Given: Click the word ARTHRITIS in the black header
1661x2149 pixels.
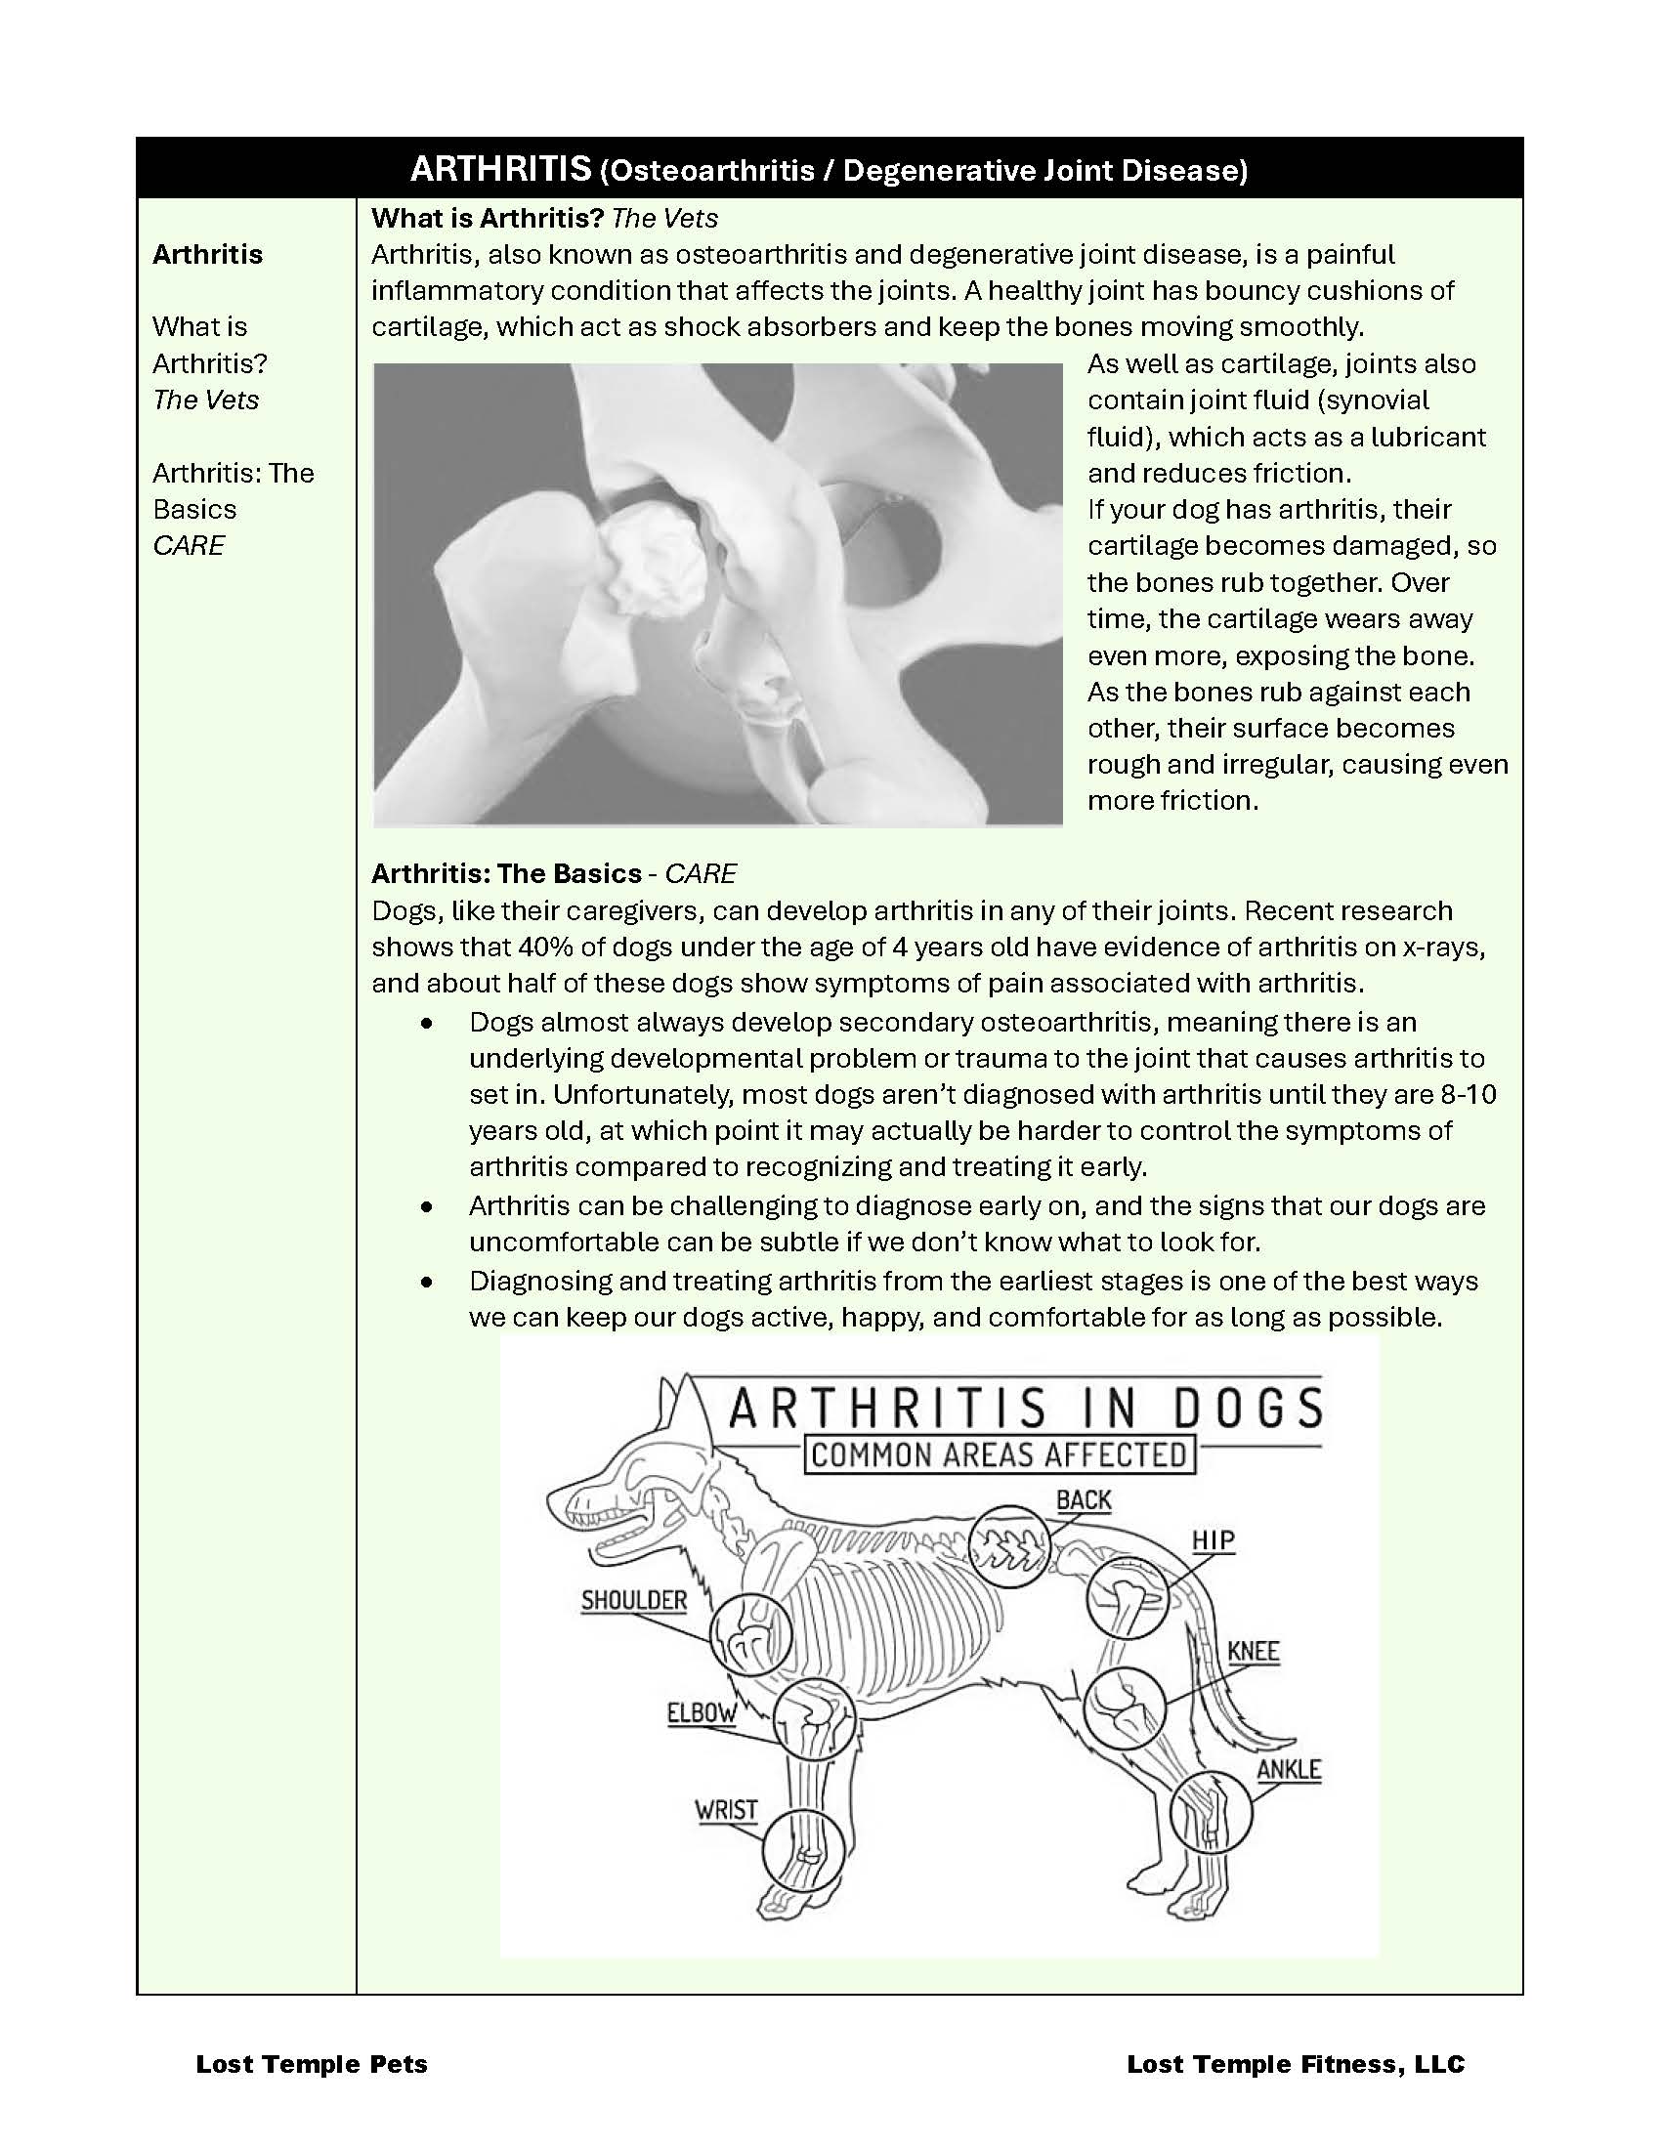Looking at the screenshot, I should pyautogui.click(x=499, y=169).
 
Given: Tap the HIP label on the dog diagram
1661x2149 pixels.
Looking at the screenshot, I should pyautogui.click(x=1213, y=1539).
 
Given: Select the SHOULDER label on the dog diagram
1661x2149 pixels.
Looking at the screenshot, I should pyautogui.click(x=634, y=1600).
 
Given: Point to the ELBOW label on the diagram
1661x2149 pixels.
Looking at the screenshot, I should pyautogui.click(x=702, y=1712).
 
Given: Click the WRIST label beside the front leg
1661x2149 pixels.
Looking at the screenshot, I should pyautogui.click(x=726, y=1809).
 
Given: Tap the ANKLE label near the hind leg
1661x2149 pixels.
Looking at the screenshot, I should pyautogui.click(x=1288, y=1769).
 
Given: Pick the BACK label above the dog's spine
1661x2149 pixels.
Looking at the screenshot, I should pyautogui.click(x=1084, y=1500).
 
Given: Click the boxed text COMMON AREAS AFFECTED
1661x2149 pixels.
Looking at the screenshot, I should pyautogui.click(x=999, y=1455).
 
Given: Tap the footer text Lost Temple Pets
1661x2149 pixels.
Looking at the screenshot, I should pyautogui.click(x=312, y=2063).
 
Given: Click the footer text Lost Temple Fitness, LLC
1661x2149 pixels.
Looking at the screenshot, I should pyautogui.click(x=1295, y=2063).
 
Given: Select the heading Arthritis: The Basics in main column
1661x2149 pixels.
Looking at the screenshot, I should pyautogui.click(x=506, y=874).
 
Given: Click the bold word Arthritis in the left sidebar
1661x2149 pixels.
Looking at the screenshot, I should pyautogui.click(x=207, y=254).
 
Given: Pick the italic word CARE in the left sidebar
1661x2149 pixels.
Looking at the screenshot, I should pyautogui.click(x=189, y=545).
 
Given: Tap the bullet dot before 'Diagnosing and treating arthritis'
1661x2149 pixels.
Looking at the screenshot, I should pyautogui.click(x=426, y=1283).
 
